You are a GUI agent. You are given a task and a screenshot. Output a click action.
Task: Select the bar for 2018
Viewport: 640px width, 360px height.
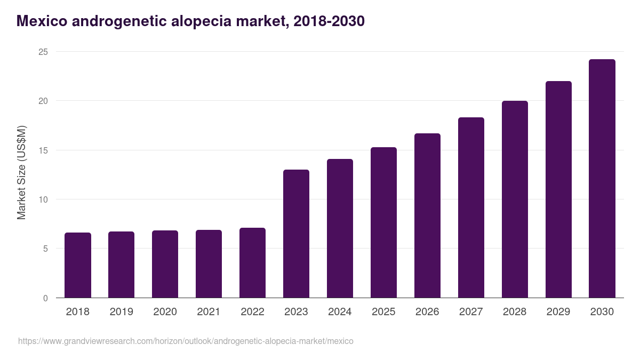pyautogui.click(x=78, y=265)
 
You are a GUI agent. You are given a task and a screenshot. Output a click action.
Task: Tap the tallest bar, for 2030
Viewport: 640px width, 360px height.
pyautogui.click(x=602, y=179)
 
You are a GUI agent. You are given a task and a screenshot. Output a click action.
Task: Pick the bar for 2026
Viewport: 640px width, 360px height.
pyautogui.click(x=427, y=215)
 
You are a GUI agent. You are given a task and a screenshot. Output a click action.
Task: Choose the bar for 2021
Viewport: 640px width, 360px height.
pyautogui.click(x=209, y=264)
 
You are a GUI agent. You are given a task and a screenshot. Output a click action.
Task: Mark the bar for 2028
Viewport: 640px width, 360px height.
pyautogui.click(x=515, y=199)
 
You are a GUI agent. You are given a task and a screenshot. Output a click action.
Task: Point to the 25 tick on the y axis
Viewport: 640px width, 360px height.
pyautogui.click(x=43, y=52)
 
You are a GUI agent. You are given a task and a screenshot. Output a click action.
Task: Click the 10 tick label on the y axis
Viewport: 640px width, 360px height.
pyautogui.click(x=43, y=199)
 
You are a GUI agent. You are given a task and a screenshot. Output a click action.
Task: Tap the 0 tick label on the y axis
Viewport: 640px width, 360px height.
pyautogui.click(x=45, y=298)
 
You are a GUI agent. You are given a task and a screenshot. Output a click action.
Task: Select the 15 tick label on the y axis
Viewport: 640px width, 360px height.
pyautogui.click(x=43, y=150)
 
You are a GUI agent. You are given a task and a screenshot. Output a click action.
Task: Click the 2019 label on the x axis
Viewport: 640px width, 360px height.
pyautogui.click(x=121, y=312)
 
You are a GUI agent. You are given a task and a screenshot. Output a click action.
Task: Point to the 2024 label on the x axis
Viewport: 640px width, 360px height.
pyautogui.click(x=340, y=312)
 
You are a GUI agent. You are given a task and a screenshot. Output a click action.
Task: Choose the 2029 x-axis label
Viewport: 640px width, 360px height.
pyautogui.click(x=558, y=312)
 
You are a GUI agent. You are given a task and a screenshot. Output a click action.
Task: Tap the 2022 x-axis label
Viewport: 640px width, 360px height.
pyautogui.click(x=252, y=312)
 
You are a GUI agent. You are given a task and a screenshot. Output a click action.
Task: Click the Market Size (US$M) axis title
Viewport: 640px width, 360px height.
pyautogui.click(x=21, y=172)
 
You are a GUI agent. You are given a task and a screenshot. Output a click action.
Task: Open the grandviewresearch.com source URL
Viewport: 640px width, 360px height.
pyautogui.click(x=186, y=341)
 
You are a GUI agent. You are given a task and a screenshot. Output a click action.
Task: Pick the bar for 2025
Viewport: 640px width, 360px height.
pyautogui.click(x=383, y=222)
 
